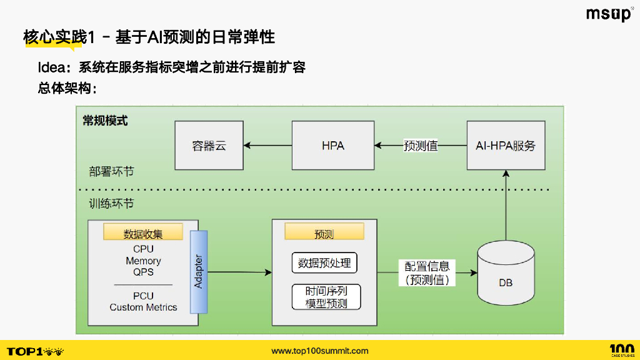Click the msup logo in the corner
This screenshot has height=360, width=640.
609,14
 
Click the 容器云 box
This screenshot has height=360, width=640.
209,146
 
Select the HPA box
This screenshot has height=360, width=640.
333,146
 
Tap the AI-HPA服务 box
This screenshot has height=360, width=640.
501,146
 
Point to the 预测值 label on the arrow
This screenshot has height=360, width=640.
421,146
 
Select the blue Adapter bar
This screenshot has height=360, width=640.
199,271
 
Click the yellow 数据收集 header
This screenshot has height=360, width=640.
143,234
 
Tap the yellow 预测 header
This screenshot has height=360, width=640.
324,234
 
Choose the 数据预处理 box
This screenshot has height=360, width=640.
324,263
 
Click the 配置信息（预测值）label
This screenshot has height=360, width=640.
427,273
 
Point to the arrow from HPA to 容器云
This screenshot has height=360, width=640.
267,146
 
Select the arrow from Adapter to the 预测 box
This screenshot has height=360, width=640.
239,272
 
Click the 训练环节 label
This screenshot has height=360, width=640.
111,204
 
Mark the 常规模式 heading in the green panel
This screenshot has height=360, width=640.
105,121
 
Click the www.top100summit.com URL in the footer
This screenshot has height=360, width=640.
320,351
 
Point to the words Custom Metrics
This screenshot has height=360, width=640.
143,307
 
